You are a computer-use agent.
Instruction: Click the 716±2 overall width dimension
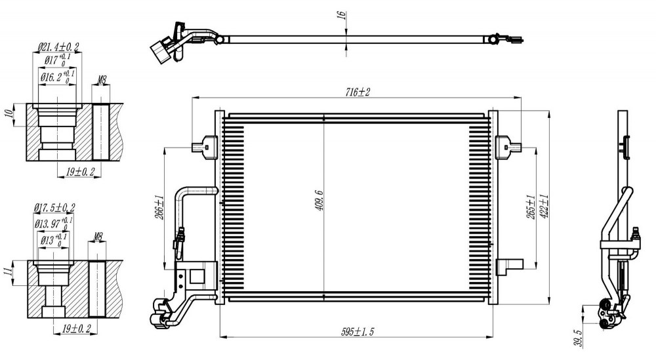[358, 92]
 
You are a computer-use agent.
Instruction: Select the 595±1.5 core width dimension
[358, 332]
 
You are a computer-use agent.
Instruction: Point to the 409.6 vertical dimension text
[319, 200]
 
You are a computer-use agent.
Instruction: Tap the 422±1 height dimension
[544, 207]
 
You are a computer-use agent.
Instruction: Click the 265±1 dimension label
[531, 207]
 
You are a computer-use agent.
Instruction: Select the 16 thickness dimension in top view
[341, 14]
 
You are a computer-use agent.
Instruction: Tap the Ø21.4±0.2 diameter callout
[58, 47]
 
